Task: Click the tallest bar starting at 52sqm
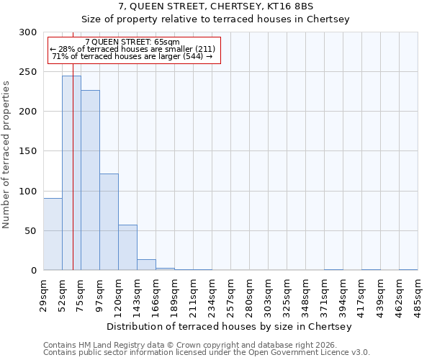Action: (x=71, y=173)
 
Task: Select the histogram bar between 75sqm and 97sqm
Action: (x=90, y=180)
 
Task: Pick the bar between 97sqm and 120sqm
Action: (x=109, y=222)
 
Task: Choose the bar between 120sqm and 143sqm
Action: (x=127, y=248)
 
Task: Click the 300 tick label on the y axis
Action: (x=28, y=32)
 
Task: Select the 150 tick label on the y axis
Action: (x=28, y=151)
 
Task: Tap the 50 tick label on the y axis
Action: (x=31, y=231)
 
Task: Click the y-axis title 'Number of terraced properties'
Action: (x=6, y=154)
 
